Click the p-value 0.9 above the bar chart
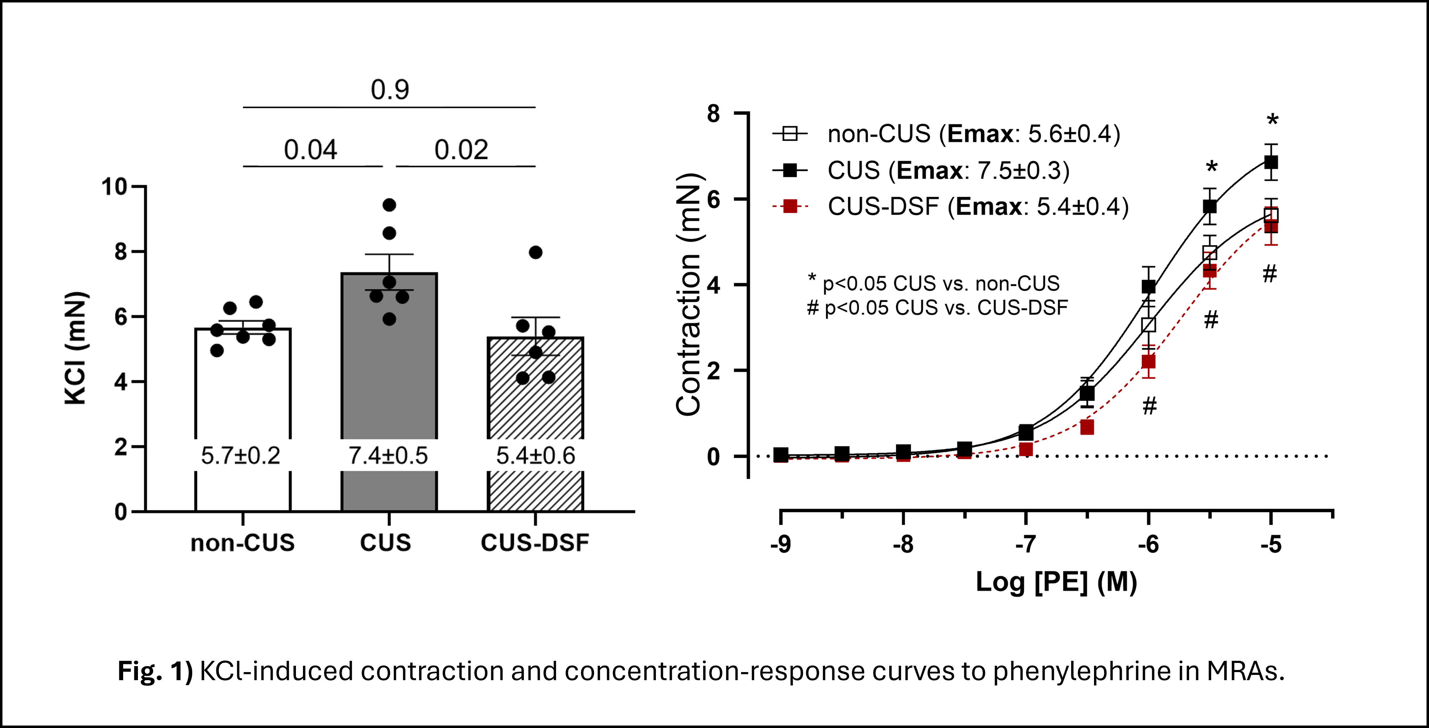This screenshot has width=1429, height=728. (x=390, y=90)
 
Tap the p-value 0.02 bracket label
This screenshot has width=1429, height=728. (x=461, y=150)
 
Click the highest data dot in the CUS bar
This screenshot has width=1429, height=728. (x=390, y=205)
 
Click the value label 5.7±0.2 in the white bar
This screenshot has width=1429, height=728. (x=240, y=456)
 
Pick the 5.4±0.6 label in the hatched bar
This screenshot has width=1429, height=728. (x=535, y=456)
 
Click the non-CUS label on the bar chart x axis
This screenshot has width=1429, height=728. (x=242, y=543)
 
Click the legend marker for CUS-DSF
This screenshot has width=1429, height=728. (x=790, y=207)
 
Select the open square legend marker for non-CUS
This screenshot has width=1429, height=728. (x=790, y=134)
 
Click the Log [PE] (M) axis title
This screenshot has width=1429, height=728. (x=1056, y=582)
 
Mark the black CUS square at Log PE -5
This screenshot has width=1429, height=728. (x=1271, y=162)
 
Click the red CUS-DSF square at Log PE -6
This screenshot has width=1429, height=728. (x=1148, y=362)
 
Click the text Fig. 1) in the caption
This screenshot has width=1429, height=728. (x=155, y=671)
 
